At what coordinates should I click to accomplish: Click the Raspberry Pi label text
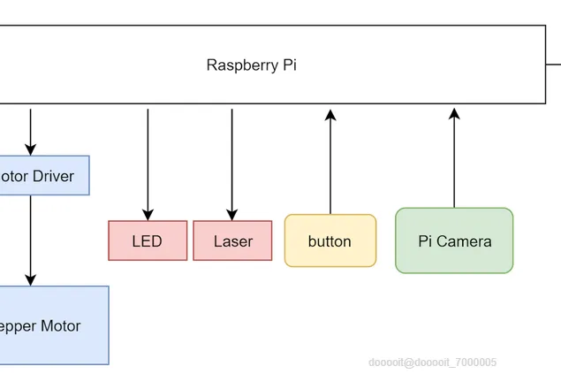(252, 65)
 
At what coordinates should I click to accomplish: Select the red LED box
(148, 240)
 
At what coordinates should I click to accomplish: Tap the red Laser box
(232, 240)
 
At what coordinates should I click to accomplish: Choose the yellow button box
(330, 240)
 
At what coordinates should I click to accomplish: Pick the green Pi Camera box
(454, 240)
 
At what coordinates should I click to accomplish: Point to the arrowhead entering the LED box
(148, 215)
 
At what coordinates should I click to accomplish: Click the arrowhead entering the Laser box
(232, 215)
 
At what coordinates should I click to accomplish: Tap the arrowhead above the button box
(330, 114)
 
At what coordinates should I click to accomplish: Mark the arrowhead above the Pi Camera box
(454, 114)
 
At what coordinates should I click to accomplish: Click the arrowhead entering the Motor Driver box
(31, 150)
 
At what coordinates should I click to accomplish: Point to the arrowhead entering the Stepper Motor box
(31, 279)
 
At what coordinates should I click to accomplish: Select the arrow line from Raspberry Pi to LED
(148, 159)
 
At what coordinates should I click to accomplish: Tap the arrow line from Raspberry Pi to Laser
(232, 159)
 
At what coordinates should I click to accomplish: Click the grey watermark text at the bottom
(433, 363)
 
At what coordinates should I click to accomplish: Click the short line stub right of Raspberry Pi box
(554, 64)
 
